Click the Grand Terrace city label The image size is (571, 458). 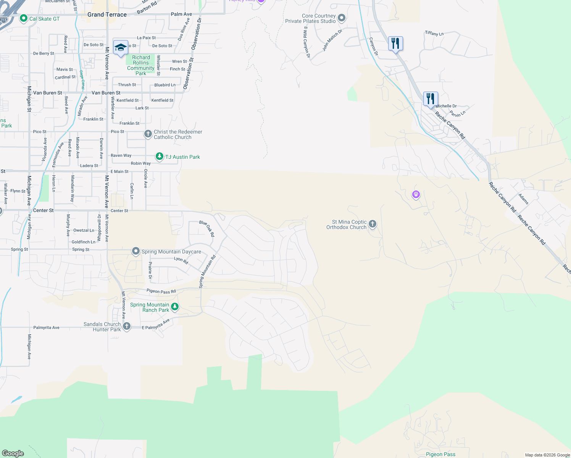107,15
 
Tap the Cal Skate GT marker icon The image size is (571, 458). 24,18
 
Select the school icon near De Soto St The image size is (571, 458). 121,48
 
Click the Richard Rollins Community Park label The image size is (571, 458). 141,65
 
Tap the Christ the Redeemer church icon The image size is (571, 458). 148,134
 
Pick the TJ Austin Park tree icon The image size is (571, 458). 160,156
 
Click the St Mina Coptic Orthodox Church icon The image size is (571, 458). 373,224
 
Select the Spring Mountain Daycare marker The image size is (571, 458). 135,251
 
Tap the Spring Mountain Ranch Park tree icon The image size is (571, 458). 175,306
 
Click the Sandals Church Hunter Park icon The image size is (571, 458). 127,326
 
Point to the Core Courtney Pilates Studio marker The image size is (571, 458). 342,18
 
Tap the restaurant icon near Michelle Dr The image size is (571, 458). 431,98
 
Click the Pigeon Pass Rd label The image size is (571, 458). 161,291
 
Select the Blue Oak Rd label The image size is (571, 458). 207,228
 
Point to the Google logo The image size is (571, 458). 13,453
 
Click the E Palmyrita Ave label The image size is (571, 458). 156,325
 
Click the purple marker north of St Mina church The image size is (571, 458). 416,195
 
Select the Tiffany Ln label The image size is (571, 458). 434,34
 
